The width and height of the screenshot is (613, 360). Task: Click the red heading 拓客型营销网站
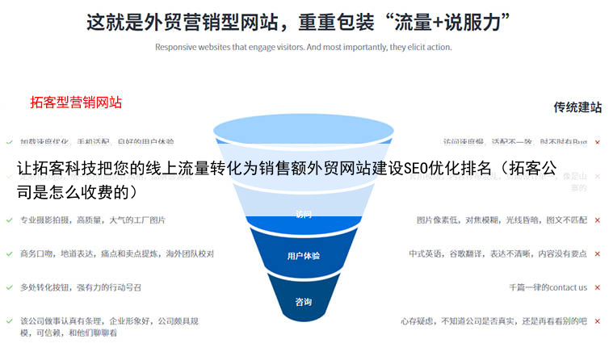coord(76,103)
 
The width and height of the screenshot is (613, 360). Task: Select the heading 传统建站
coord(577,107)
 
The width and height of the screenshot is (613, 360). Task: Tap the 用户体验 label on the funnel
coord(303,257)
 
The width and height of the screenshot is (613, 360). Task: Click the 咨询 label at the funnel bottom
coord(303,303)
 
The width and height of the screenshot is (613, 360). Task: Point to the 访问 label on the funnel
coord(303,215)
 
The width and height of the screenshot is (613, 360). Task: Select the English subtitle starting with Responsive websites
coord(303,47)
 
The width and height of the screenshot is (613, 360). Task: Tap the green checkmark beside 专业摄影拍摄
coord(9,220)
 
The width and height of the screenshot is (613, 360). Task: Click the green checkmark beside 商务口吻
coord(9,253)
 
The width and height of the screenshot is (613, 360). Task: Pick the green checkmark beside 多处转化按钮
coord(9,287)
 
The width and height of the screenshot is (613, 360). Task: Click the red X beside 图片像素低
coord(598,220)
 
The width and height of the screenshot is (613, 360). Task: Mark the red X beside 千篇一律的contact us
coord(598,287)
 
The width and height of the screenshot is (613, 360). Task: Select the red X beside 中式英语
coord(598,253)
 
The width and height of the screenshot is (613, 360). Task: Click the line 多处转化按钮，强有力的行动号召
coord(81,287)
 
